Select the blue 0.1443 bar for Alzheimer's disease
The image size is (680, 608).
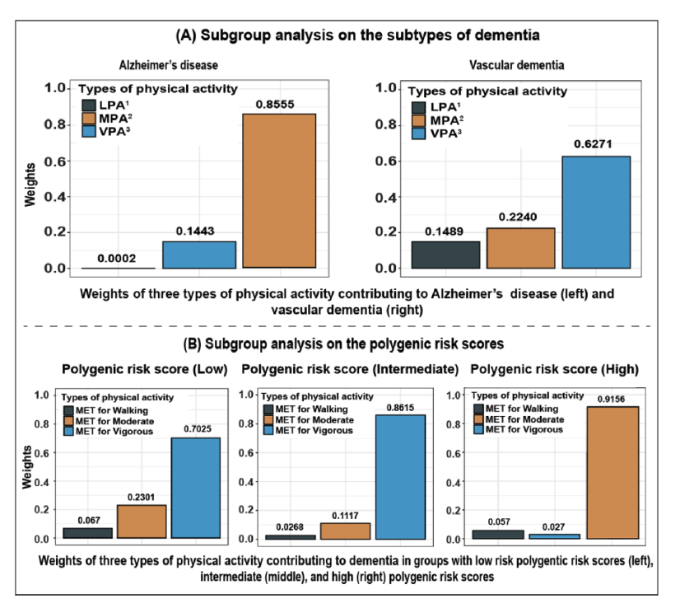[x=198, y=255]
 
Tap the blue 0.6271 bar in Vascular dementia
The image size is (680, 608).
[x=596, y=213]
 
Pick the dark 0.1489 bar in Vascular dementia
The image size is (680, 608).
[x=445, y=255]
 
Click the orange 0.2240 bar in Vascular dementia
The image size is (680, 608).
[x=520, y=248]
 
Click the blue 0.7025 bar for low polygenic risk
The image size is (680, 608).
[x=195, y=488]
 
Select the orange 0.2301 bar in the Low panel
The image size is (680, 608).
[x=142, y=521]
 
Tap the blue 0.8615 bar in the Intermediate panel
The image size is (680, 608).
[x=401, y=476]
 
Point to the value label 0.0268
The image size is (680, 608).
[x=290, y=527]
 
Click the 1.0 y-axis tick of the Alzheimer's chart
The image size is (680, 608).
[x=55, y=88]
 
